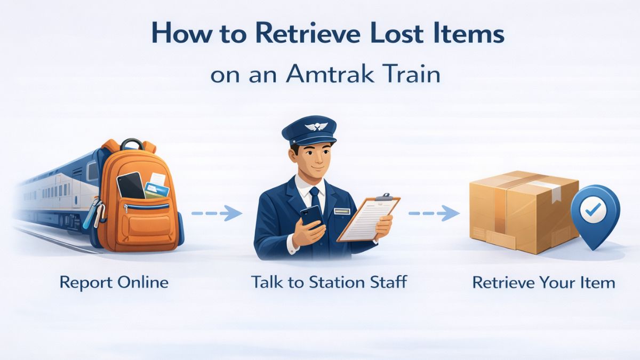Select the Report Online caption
114,282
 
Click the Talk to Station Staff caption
329,282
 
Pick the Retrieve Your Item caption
543,282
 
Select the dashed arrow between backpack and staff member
216,214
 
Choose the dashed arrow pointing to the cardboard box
434,214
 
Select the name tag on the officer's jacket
341,211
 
